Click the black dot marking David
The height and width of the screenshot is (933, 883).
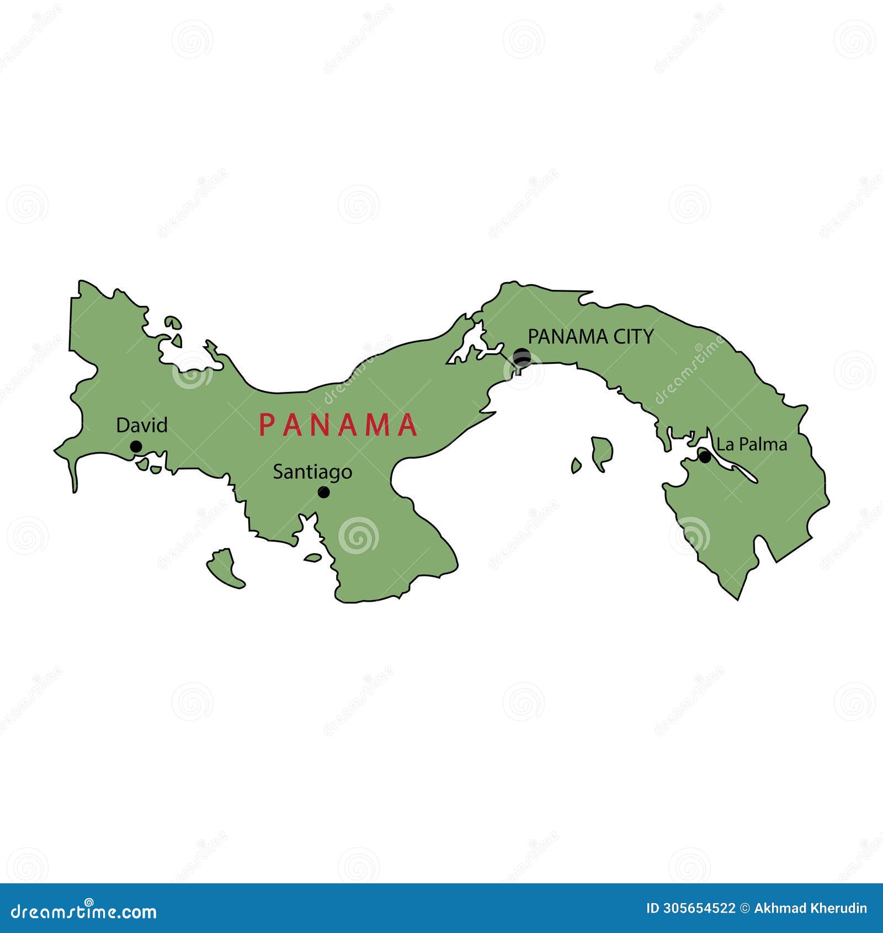136,447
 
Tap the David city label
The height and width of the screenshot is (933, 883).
142,425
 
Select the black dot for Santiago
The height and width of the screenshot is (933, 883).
324,492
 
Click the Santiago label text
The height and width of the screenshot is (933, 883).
312,472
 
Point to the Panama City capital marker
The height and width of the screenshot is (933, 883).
522,357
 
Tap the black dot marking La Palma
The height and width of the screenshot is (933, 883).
705,457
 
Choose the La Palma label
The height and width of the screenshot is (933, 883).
752,444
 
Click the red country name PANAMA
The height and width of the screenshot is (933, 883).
338,425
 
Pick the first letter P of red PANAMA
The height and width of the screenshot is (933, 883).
267,425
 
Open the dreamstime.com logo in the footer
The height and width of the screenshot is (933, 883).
84,911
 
